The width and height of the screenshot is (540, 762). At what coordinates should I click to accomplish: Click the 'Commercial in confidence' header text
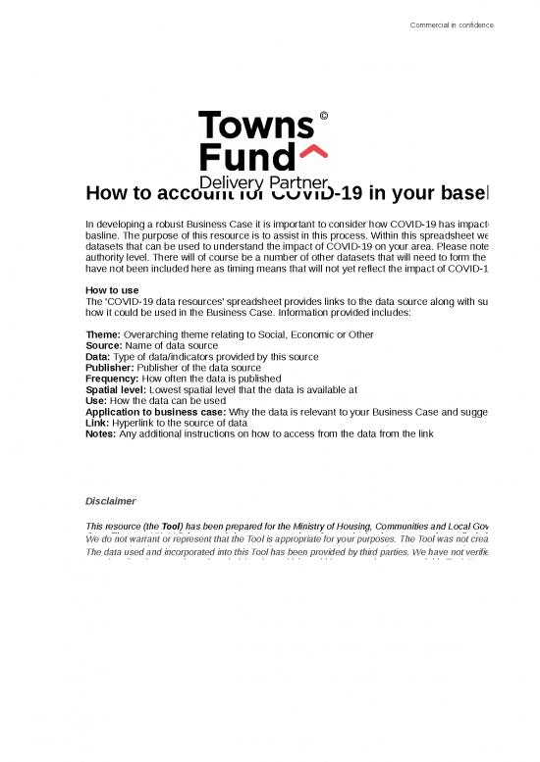click(452, 25)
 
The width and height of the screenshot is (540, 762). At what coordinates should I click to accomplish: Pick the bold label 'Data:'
click(101, 357)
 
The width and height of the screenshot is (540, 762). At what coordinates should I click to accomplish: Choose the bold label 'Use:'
click(98, 400)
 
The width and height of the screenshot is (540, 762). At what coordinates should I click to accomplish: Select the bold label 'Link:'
click(99, 422)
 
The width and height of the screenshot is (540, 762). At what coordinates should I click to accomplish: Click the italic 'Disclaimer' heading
click(111, 500)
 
